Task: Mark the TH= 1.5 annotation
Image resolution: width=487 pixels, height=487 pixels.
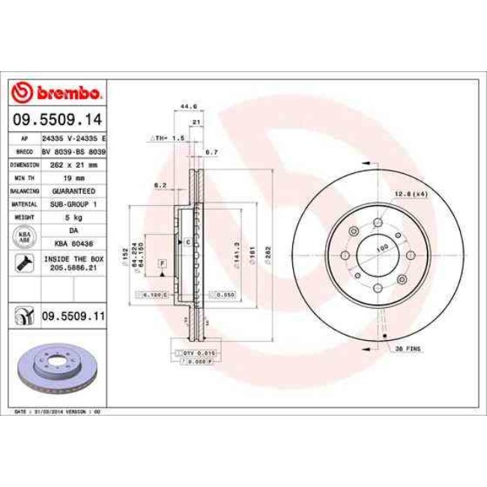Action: click(167, 139)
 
